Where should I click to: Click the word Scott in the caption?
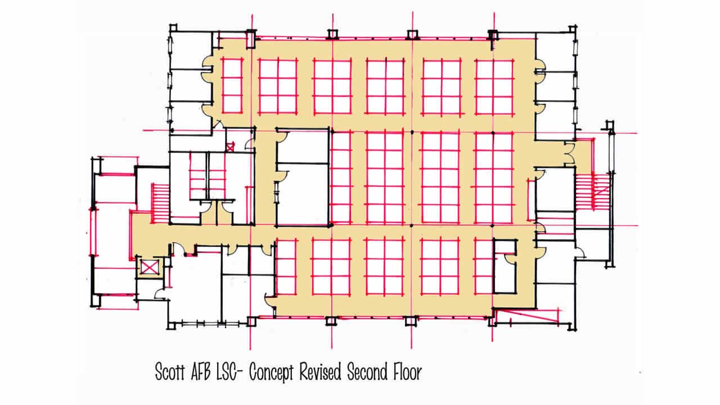click(172, 372)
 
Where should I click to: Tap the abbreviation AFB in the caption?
click(208, 372)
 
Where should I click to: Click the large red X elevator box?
click(148, 267)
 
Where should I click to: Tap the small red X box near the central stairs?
click(229, 147)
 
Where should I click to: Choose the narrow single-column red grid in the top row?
click(232, 86)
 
